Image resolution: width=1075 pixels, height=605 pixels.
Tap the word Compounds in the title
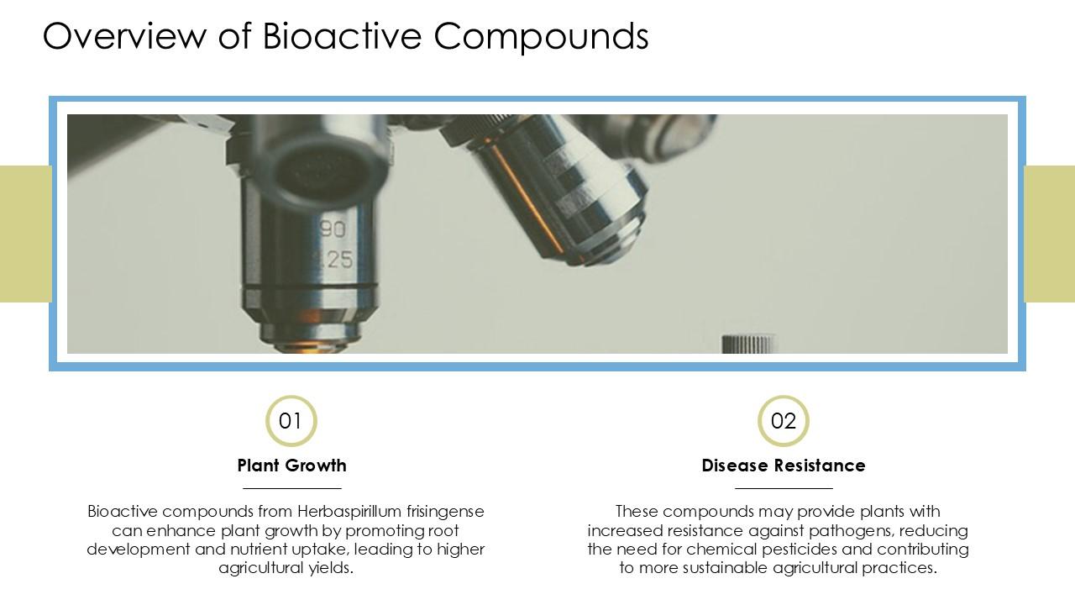(x=541, y=36)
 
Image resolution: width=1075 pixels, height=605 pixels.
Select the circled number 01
(x=291, y=421)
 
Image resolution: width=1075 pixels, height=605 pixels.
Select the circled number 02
(x=783, y=421)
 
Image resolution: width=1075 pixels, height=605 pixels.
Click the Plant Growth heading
(x=291, y=466)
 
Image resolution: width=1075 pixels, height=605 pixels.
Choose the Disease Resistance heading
(x=783, y=466)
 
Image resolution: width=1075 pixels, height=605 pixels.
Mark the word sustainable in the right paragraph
(x=726, y=568)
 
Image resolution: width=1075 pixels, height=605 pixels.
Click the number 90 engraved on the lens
(x=333, y=229)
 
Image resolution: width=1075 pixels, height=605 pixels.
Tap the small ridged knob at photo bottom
(x=747, y=344)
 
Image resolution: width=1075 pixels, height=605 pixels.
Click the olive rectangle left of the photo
(x=25, y=234)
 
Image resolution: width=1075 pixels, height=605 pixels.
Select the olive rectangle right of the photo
(x=1050, y=234)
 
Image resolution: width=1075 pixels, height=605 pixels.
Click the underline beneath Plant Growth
(x=291, y=487)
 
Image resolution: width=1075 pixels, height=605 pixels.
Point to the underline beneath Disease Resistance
(x=783, y=487)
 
